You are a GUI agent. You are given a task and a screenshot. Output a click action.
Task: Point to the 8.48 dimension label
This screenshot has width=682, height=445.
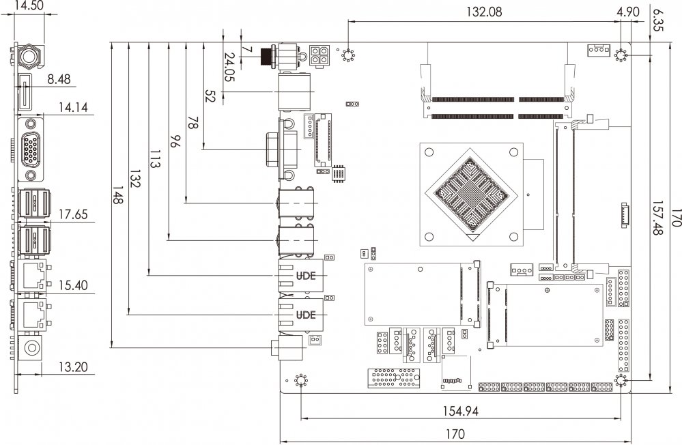[59, 79]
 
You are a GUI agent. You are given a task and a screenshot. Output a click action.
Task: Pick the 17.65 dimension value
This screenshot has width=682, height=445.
[72, 214]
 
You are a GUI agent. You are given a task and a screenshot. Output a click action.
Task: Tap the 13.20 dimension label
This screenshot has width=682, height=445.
[72, 367]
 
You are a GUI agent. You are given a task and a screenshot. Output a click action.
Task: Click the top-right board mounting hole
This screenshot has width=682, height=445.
[621, 55]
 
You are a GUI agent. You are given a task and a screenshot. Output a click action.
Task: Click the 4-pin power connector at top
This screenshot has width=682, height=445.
[319, 55]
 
